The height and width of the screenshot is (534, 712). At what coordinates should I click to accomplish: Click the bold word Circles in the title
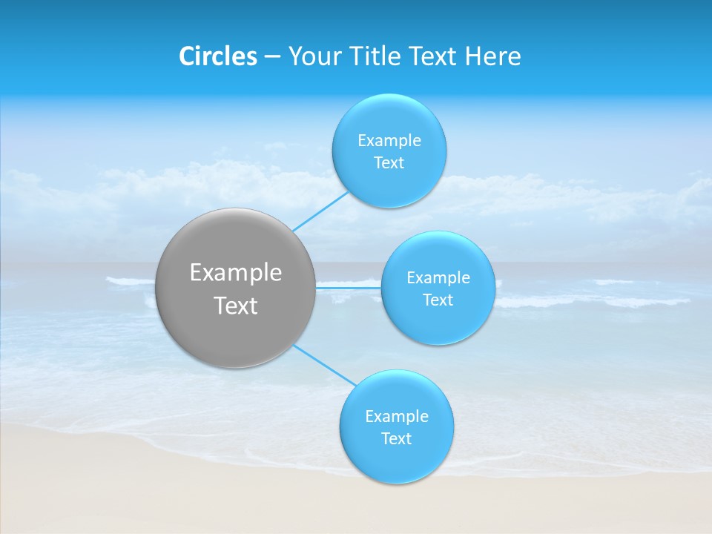(x=217, y=56)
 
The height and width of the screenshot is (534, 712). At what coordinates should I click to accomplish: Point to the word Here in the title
(x=492, y=56)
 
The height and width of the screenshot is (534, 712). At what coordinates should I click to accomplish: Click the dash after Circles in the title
(x=271, y=57)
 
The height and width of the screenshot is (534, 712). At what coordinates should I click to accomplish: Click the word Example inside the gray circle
(x=236, y=273)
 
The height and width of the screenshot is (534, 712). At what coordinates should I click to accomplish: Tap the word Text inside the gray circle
(x=236, y=306)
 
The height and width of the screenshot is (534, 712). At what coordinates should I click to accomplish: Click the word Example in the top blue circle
(x=389, y=141)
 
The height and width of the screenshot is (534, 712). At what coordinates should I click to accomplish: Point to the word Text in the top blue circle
(x=389, y=163)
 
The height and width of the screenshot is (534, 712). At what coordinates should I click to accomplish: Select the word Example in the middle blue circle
(x=438, y=278)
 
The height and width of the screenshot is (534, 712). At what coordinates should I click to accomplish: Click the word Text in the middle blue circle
(x=438, y=300)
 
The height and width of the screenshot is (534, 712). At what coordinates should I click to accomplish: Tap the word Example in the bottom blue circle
(x=397, y=417)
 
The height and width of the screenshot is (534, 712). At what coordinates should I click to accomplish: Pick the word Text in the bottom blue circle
(x=396, y=439)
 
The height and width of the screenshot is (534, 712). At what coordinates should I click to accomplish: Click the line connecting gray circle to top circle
(x=320, y=211)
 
